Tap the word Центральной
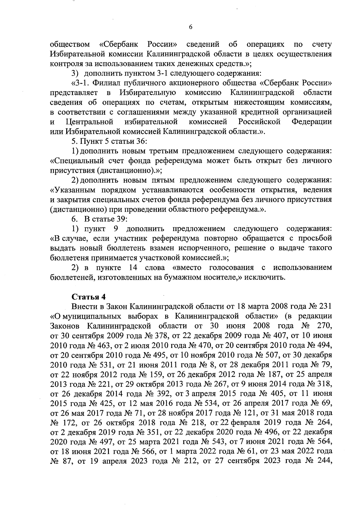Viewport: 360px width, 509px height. pos(89,122)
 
